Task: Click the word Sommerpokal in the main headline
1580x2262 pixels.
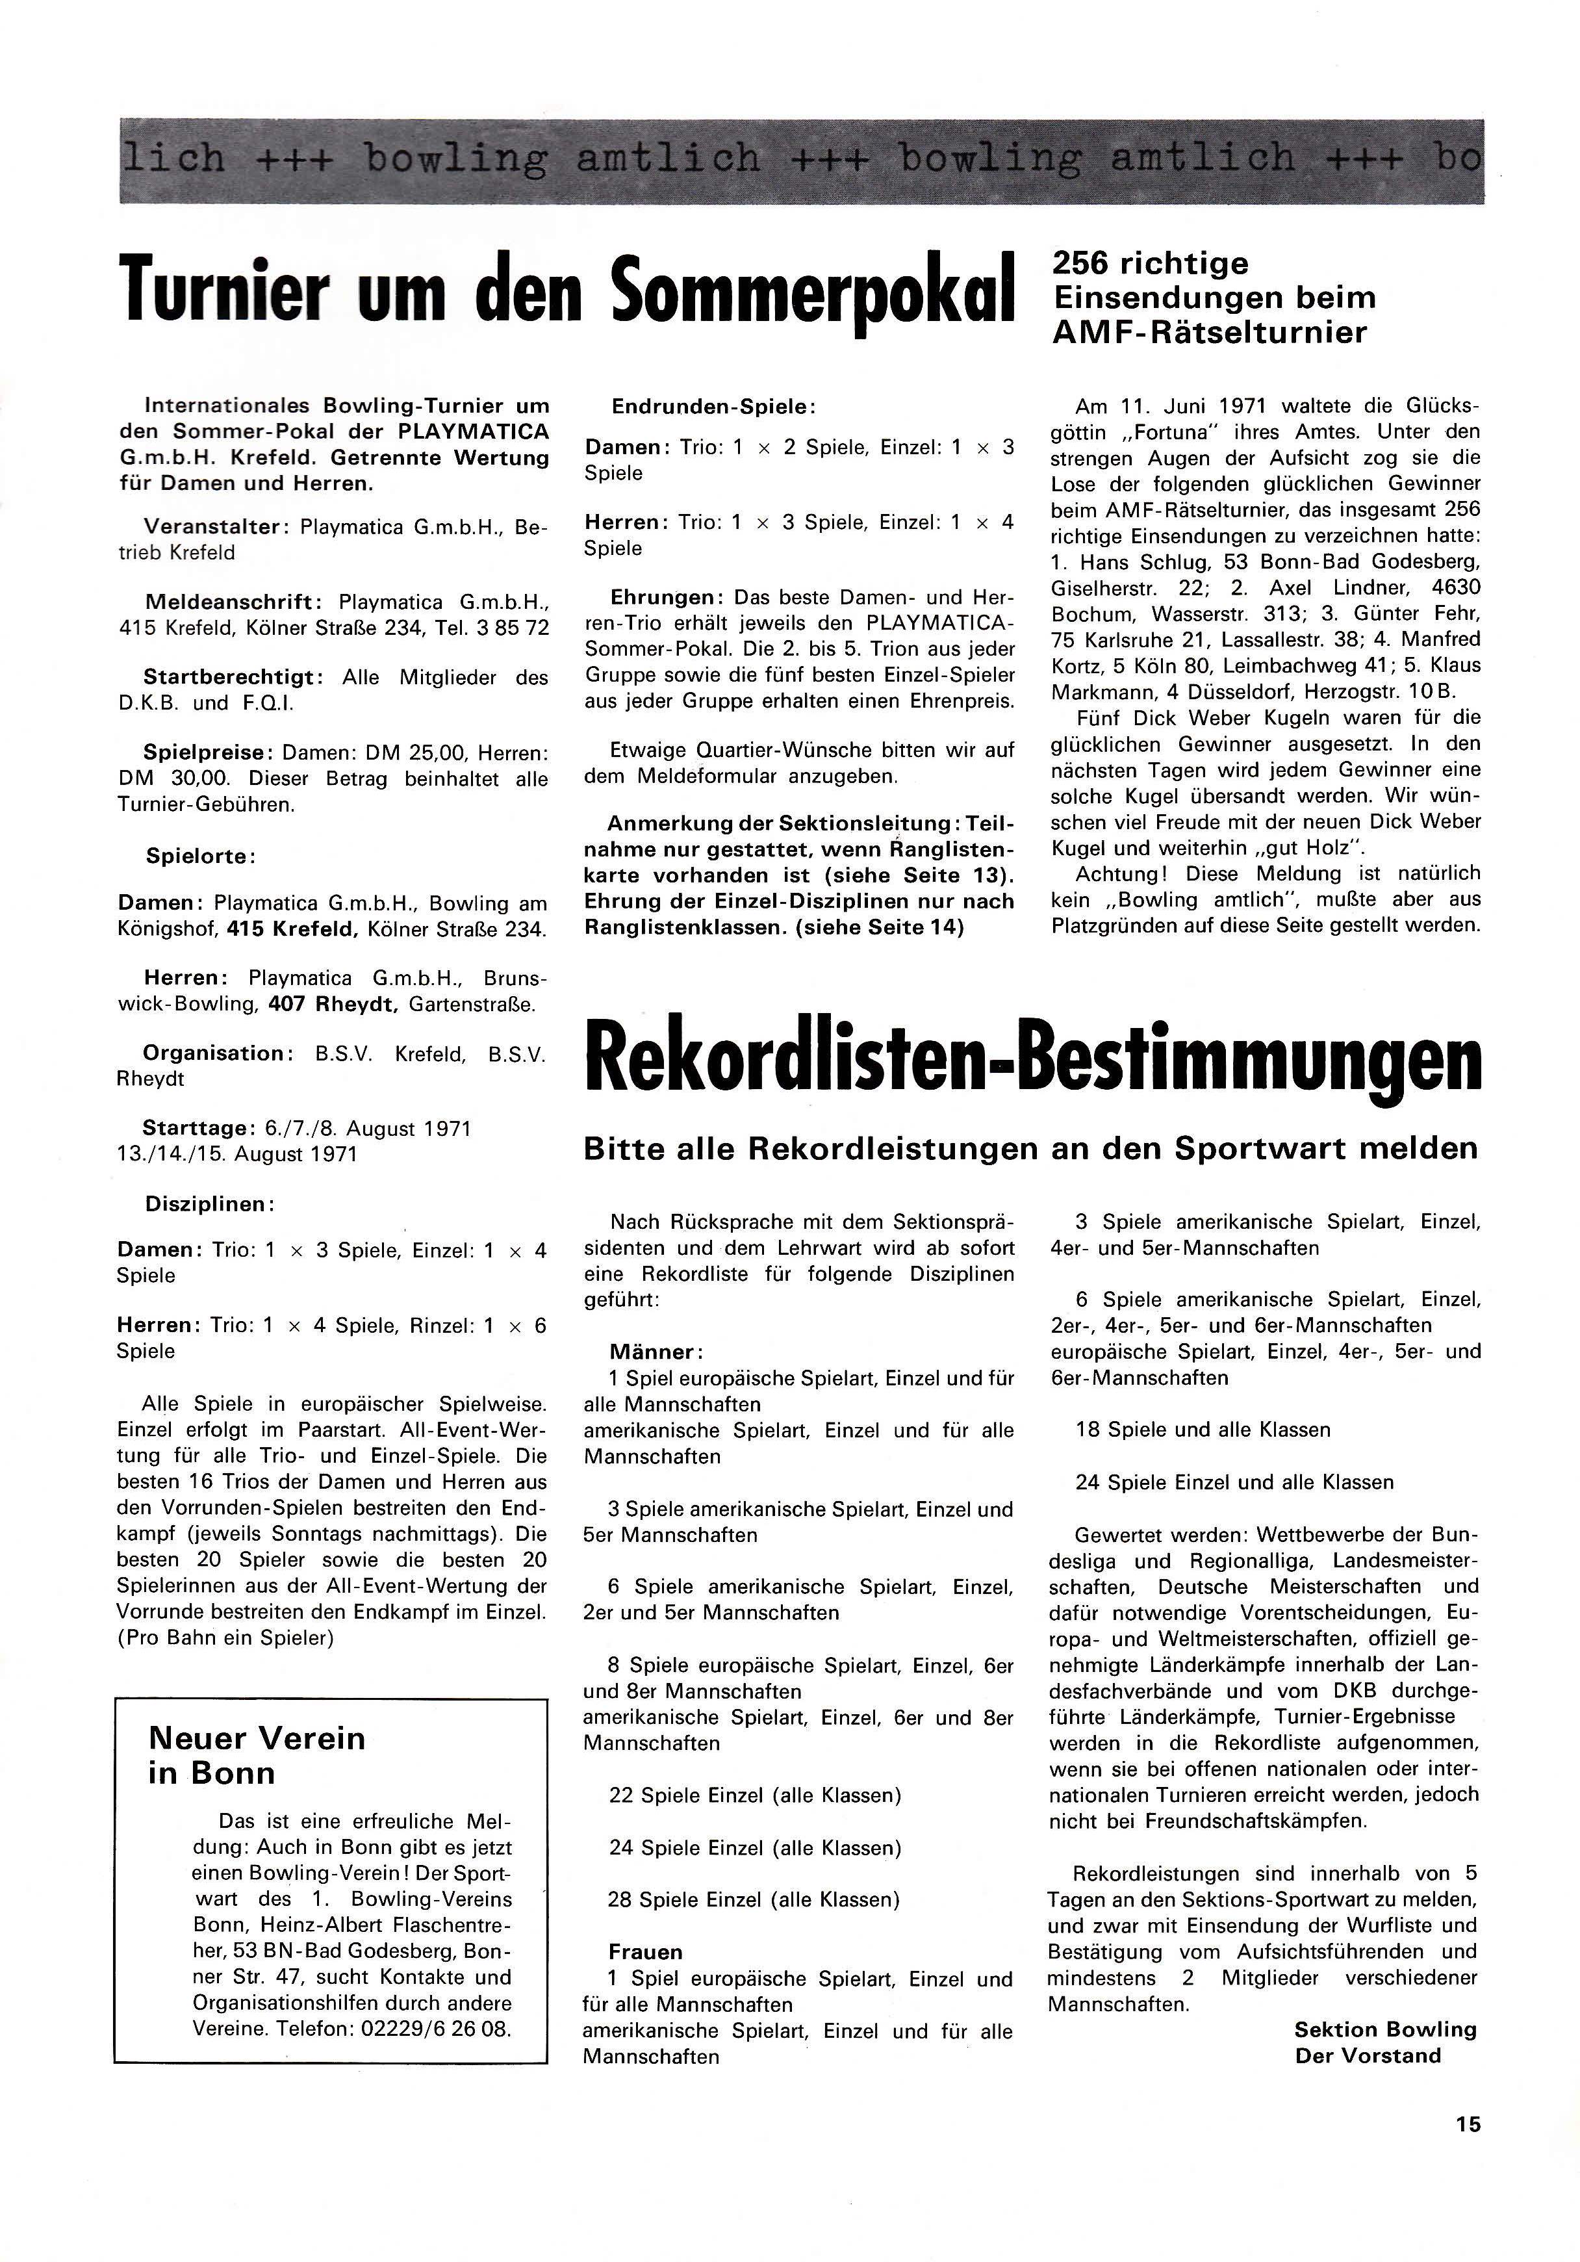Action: [813, 289]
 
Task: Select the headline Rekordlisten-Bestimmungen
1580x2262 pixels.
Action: [1032, 1063]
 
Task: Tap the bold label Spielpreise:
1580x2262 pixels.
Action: [209, 752]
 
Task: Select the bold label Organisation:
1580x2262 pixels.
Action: [218, 1053]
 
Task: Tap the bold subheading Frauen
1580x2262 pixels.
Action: [645, 1951]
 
